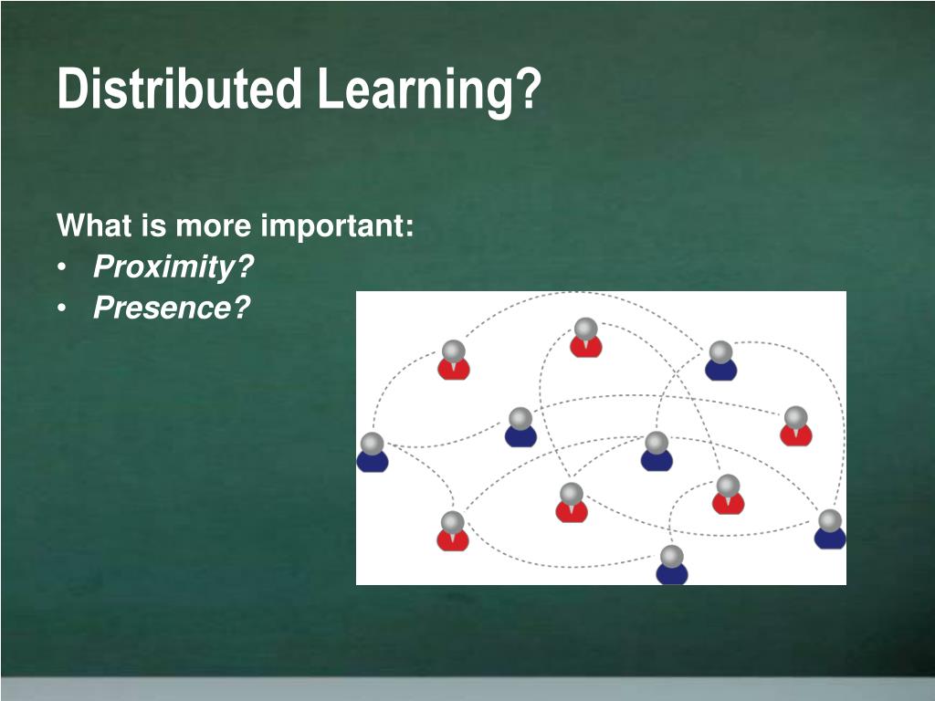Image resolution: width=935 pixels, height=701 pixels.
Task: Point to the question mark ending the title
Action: (528, 89)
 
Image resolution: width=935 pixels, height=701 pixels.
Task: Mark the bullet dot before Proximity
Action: (61, 267)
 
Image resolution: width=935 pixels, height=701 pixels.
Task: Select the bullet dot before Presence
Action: (61, 309)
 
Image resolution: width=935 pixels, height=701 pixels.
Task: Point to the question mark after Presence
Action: (241, 308)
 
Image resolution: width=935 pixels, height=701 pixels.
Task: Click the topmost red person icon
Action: (585, 338)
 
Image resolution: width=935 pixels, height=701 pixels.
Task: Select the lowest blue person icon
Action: (672, 564)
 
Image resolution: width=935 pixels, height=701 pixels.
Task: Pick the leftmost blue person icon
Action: (373, 453)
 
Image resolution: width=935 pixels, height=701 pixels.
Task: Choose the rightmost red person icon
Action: (796, 426)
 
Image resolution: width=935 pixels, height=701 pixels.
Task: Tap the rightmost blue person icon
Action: (830, 528)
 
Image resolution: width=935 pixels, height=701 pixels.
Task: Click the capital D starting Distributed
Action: (71, 89)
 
